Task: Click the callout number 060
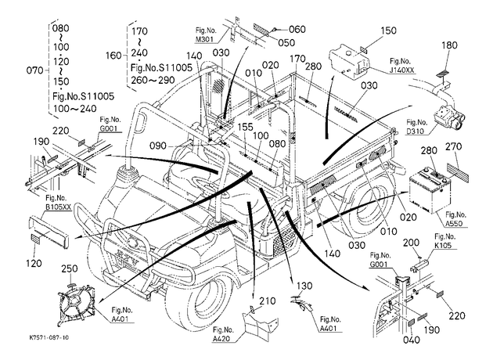coord(297,29)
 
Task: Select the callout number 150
coord(388,31)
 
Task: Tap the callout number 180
coord(449,45)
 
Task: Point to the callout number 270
coord(454,146)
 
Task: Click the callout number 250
coord(69,268)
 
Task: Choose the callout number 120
coord(34,263)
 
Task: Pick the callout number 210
coord(268,301)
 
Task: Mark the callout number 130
coord(304,286)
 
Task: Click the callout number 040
coord(412,340)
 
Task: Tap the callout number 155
coord(245,127)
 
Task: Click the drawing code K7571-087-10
coord(49,337)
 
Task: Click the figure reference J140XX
coord(401,70)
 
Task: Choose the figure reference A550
coord(456,224)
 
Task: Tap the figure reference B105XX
coord(59,207)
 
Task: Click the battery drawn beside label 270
coord(430,192)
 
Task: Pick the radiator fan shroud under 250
coord(75,304)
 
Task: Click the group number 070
coord(34,70)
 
